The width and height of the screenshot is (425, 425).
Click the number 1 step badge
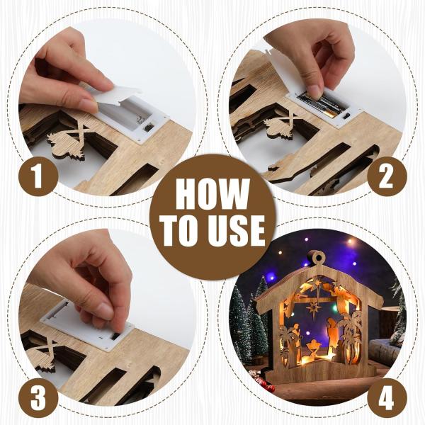click(x=38, y=176)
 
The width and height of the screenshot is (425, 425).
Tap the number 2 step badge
click(x=387, y=176)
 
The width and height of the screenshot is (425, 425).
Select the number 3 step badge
click(x=38, y=399)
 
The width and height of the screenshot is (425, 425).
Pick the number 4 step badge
click(x=387, y=399)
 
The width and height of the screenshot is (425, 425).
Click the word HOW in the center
click(x=212, y=194)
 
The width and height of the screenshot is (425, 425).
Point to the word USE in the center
click(x=237, y=231)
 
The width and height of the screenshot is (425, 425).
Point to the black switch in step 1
click(x=147, y=127)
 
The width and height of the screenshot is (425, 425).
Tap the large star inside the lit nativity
click(x=314, y=308)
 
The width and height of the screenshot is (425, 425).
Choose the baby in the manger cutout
click(x=314, y=348)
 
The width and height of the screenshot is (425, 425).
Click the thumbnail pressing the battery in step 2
click(x=315, y=91)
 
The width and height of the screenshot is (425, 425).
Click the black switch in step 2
click(x=346, y=117)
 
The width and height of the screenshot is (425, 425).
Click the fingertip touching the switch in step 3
click(x=119, y=329)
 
